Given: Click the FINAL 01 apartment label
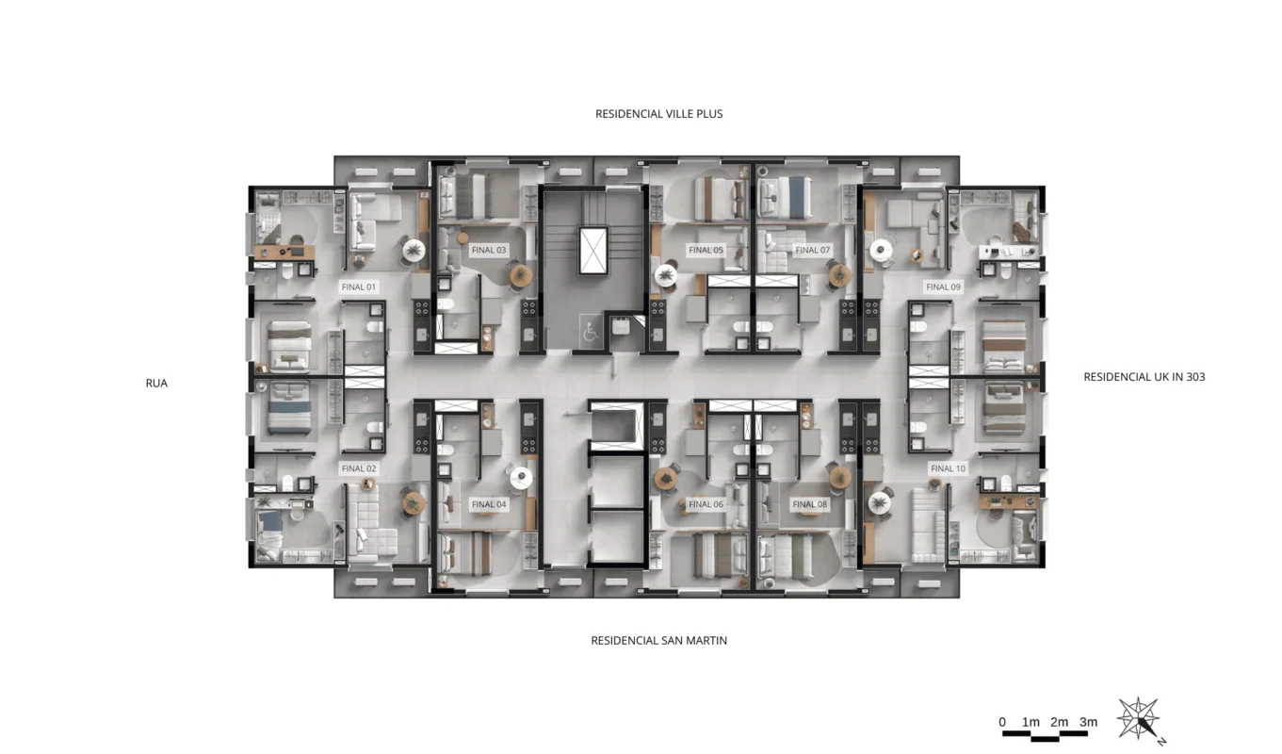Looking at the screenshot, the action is pyautogui.click(x=358, y=287).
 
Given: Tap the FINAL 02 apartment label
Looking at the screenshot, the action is pyautogui.click(x=359, y=468).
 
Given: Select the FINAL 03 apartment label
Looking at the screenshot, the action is pyautogui.click(x=489, y=250).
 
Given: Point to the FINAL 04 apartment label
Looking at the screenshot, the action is pyautogui.click(x=489, y=504).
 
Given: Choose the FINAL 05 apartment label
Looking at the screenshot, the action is pyautogui.click(x=706, y=250).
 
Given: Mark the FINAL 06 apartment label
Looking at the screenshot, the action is pyautogui.click(x=706, y=504).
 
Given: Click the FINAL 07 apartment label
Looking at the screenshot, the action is pyautogui.click(x=812, y=250).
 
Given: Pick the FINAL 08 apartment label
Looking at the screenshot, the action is pyautogui.click(x=809, y=504).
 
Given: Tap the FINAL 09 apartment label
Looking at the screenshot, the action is pyautogui.click(x=943, y=287).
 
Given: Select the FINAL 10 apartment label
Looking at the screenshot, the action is pyautogui.click(x=948, y=468).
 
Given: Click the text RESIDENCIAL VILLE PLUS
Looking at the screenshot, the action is pyautogui.click(x=658, y=114).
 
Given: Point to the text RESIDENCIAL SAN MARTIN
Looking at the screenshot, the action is pyautogui.click(x=658, y=641).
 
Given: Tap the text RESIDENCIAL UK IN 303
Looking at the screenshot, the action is pyautogui.click(x=1144, y=377).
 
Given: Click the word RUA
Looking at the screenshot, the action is pyautogui.click(x=156, y=383).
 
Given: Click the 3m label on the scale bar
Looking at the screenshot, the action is pyautogui.click(x=1088, y=722).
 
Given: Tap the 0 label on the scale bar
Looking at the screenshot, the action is pyautogui.click(x=1002, y=722).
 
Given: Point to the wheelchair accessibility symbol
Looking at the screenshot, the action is pyautogui.click(x=590, y=332).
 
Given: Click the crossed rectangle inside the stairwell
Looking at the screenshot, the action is pyautogui.click(x=592, y=250).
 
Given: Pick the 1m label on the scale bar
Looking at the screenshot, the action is pyautogui.click(x=1030, y=722).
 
